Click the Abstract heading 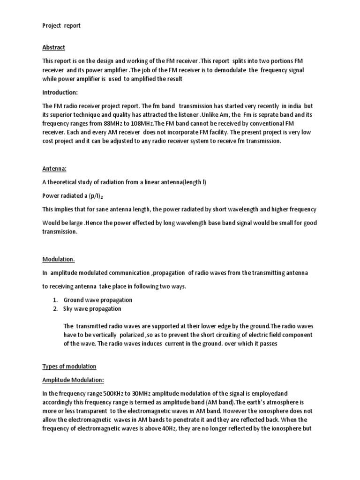53,47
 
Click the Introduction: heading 60,91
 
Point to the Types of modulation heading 69,366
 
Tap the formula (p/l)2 92,196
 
